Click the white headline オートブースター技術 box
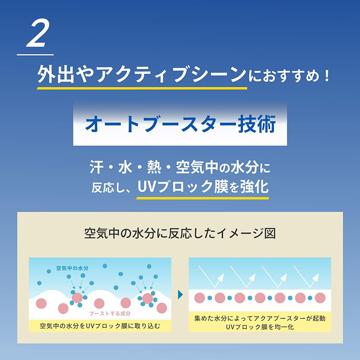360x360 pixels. tap(180, 124)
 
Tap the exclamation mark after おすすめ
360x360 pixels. tap(327, 76)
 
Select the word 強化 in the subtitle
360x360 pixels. tap(254, 187)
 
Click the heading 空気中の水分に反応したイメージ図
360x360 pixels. tap(180, 234)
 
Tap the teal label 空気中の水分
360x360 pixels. tap(72, 268)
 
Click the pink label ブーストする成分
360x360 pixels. tap(110, 313)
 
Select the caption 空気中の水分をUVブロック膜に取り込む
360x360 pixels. tap(100, 326)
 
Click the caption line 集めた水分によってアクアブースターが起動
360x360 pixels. tap(260, 318)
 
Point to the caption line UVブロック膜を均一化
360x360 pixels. tap(260, 327)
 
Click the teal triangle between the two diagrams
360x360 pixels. tap(180, 295)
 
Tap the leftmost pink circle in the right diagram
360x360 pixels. tap(199, 298)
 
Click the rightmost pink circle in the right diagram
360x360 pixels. tap(320, 298)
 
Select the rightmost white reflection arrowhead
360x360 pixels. tap(316, 277)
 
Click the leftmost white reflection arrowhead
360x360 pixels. tap(221, 277)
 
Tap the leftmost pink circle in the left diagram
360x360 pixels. tap(41, 303)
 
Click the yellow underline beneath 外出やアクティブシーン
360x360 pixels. tap(142, 88)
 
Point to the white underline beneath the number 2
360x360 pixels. tap(35, 54)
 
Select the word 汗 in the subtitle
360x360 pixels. tap(96, 167)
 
